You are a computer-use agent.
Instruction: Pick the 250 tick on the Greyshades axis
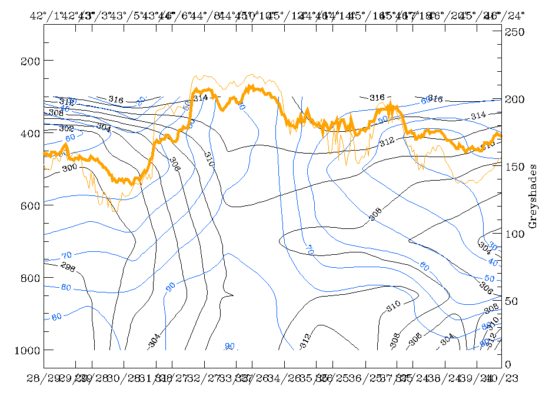[516, 33]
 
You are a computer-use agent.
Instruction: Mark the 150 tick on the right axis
[516, 167]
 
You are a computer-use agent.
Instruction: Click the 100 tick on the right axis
[516, 234]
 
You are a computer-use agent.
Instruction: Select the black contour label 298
[68, 265]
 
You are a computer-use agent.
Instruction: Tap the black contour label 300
[69, 168]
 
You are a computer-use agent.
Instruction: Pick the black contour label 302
[66, 128]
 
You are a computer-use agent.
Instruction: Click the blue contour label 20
[140, 101]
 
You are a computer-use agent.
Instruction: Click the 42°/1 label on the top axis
[44, 15]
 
